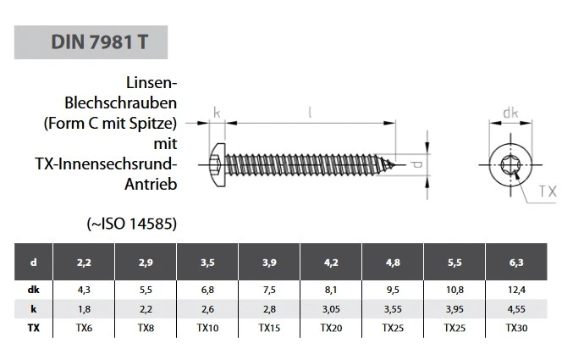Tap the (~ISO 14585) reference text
(131, 224)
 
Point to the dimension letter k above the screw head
(217, 113)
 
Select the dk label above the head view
(510, 113)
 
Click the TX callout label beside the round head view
(547, 192)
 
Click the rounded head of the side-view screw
(217, 161)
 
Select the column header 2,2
(84, 263)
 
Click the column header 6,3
(516, 263)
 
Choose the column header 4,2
(331, 263)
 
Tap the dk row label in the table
(34, 289)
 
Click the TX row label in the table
(34, 326)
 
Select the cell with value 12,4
(516, 289)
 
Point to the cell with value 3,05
(331, 307)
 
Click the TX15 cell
(269, 326)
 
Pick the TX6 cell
(84, 326)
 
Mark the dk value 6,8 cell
(207, 289)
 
